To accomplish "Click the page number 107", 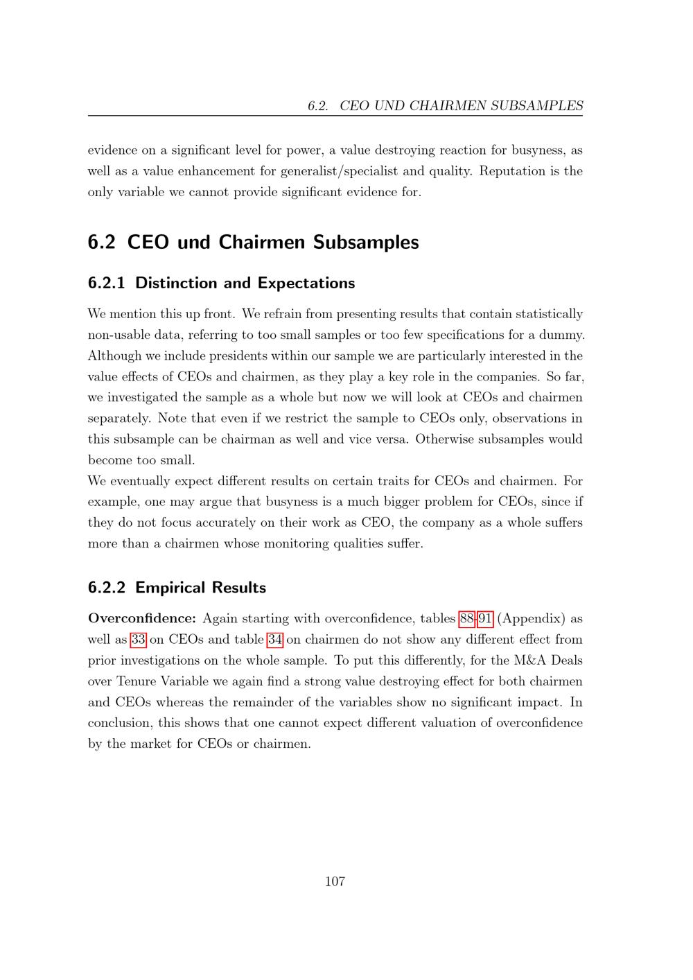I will [x=335, y=882].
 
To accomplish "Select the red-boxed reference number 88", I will [x=466, y=619].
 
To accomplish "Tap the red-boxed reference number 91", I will [x=485, y=619].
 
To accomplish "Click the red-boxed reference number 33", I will [x=138, y=640].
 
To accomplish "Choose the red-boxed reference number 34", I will [x=274, y=640].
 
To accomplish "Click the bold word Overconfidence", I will [x=142, y=619].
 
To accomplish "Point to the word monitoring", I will [x=296, y=543].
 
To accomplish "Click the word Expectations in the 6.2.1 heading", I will [x=306, y=283].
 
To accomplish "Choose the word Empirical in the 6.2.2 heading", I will [x=170, y=588].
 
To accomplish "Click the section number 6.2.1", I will [x=107, y=283].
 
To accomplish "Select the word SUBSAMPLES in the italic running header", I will [x=537, y=106].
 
